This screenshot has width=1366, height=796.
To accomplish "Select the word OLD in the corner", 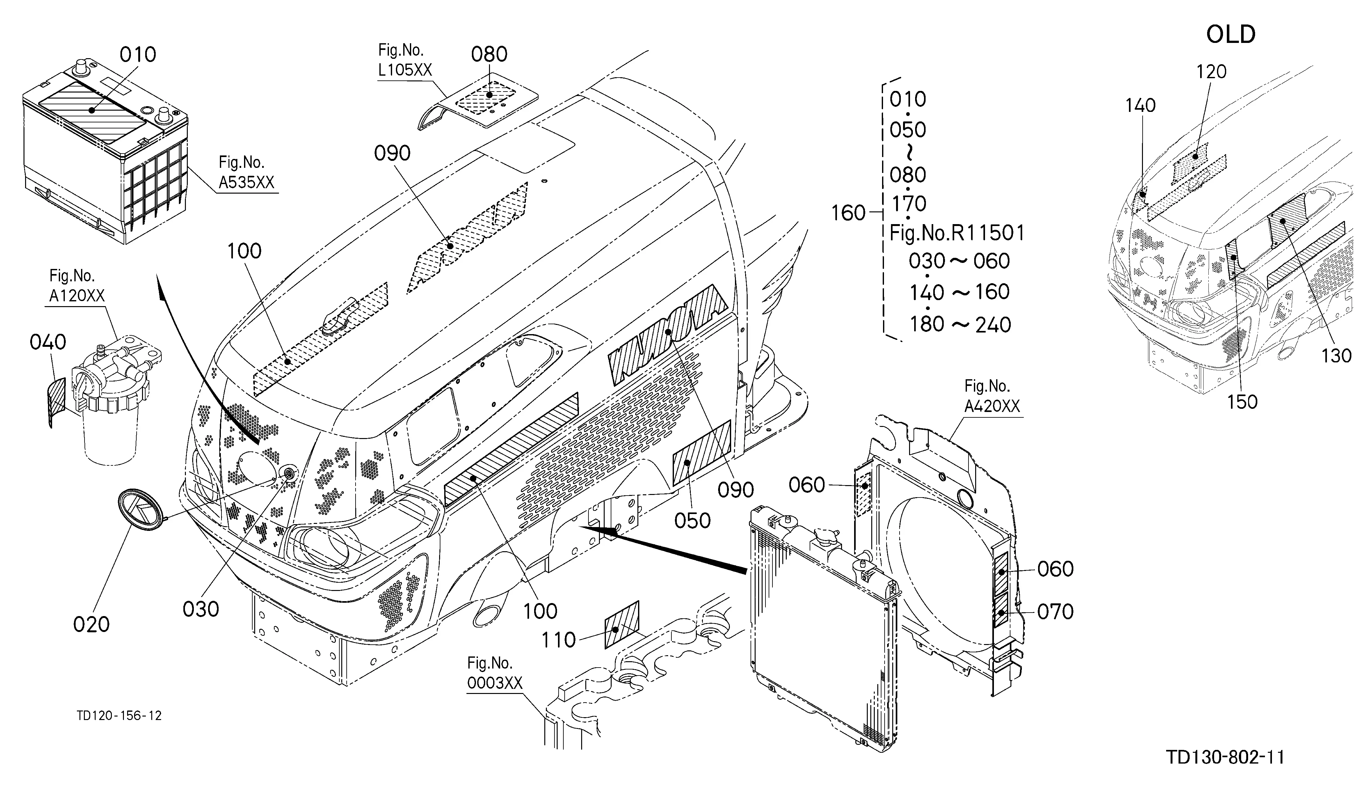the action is [x=1231, y=35].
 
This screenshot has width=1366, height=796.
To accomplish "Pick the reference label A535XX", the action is [x=247, y=182].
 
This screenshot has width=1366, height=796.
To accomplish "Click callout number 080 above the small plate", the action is [x=489, y=54].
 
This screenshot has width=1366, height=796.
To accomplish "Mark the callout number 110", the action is [x=559, y=640].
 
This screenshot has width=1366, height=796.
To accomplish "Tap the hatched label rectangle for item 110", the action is [x=622, y=625].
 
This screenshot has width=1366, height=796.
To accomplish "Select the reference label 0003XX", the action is [x=494, y=683].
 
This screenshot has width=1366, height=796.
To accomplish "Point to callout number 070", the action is [x=1055, y=612].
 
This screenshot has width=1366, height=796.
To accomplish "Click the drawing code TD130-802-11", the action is [x=1225, y=757].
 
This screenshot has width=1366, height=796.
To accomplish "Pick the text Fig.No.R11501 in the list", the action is [x=957, y=233].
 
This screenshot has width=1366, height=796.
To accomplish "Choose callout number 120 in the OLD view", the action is [x=1212, y=72].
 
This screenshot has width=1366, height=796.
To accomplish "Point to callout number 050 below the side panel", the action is [x=692, y=520].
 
